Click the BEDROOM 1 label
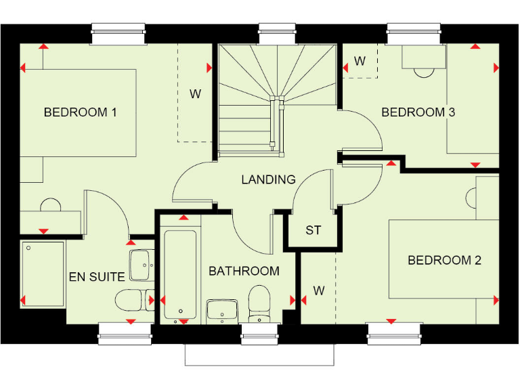[80, 112]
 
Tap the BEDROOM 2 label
[444, 260]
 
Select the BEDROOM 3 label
[418, 112]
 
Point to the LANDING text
[269, 179]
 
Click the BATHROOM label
[244, 271]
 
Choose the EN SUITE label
[97, 276]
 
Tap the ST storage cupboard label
[313, 230]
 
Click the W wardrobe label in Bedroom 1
[195, 94]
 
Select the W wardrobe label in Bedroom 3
[360, 62]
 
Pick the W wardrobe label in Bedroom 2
[318, 291]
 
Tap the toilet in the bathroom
[259, 303]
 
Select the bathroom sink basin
[222, 310]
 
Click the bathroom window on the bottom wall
[259, 332]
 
